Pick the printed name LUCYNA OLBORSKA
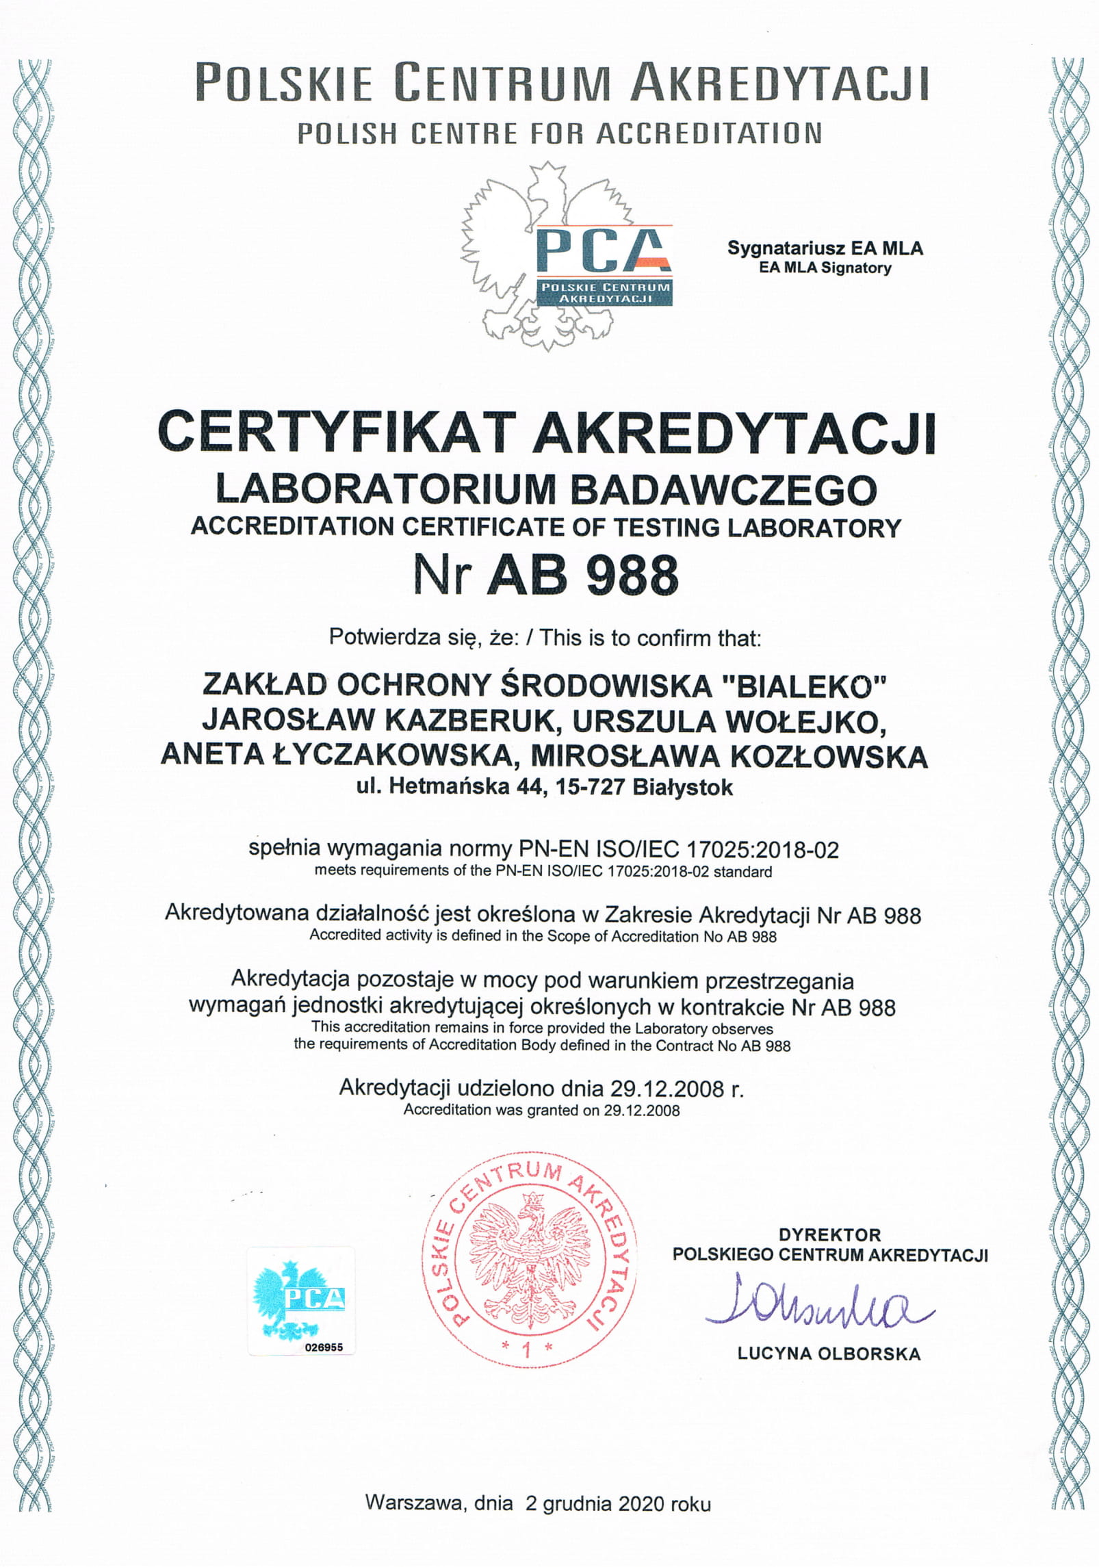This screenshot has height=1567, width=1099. (829, 1354)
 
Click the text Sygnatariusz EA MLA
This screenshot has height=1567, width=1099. (825, 248)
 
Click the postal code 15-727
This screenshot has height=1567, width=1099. (591, 788)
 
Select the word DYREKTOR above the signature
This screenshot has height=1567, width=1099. (829, 1235)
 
